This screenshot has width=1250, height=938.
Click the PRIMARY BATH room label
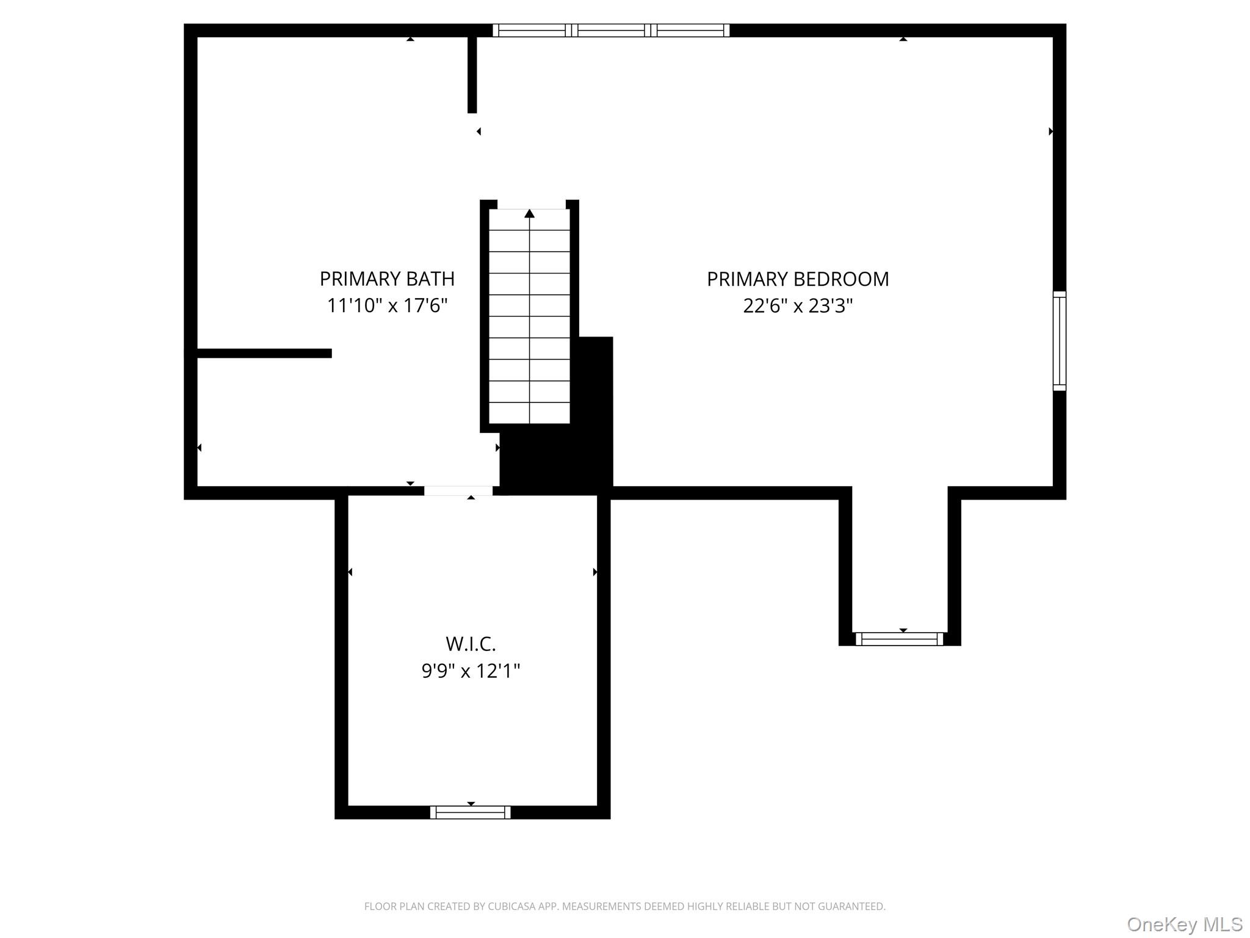click(x=387, y=278)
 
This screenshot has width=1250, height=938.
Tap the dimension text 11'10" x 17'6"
click(x=387, y=305)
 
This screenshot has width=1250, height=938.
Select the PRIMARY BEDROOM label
click(x=797, y=278)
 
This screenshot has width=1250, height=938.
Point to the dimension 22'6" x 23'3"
click(x=797, y=305)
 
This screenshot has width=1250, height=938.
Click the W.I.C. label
click(x=470, y=644)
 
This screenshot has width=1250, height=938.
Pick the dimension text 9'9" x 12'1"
click(x=470, y=671)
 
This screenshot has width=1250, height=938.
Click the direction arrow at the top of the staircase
click(x=529, y=213)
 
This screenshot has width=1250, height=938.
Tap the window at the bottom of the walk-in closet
click(x=470, y=812)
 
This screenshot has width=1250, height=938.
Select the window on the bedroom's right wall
click(x=1059, y=341)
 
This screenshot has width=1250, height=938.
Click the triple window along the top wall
click(x=611, y=30)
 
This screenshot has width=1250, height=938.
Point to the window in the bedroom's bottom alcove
click(x=899, y=639)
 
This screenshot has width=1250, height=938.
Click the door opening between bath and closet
click(x=458, y=491)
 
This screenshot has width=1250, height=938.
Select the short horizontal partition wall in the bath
click(x=264, y=353)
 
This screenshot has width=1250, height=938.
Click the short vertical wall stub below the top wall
click(x=472, y=75)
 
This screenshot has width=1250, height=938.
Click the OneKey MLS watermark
click(x=1184, y=924)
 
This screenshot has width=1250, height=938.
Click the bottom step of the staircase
click(x=529, y=413)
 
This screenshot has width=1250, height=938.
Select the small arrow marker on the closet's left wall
click(x=350, y=572)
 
